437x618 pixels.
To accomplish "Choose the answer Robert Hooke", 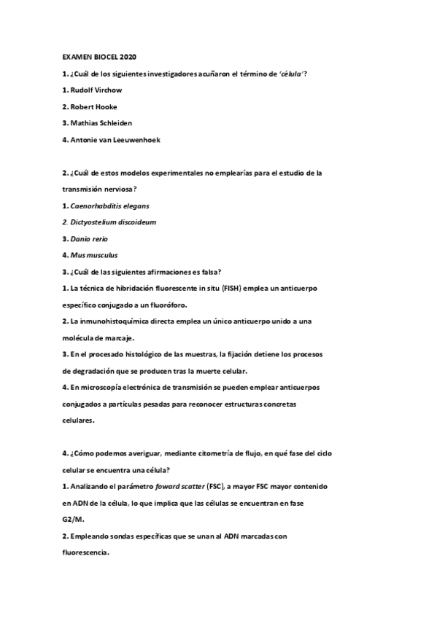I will tap(92, 106).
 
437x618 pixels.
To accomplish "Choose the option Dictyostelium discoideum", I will tap(113, 222).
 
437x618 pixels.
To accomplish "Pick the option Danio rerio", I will tap(90, 238).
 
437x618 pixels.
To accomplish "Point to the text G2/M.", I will tap(72, 519).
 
